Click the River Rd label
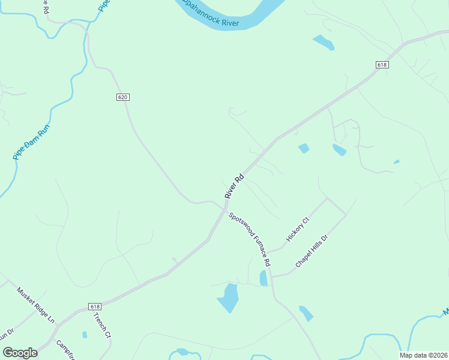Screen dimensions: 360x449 [x=235, y=187]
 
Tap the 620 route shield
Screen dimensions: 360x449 [x=123, y=97]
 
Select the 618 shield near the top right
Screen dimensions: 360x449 [x=382, y=64]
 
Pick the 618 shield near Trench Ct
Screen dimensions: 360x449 [x=95, y=306]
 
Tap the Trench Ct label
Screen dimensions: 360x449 [x=103, y=326]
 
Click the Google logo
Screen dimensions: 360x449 [x=20, y=353]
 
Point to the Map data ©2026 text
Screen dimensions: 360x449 [x=424, y=355]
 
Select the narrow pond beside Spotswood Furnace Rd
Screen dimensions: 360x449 [x=263, y=278]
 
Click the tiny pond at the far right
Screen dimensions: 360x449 [x=396, y=161]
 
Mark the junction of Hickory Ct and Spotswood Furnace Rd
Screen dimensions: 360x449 [x=268, y=252]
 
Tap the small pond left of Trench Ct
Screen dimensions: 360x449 [x=85, y=335]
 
